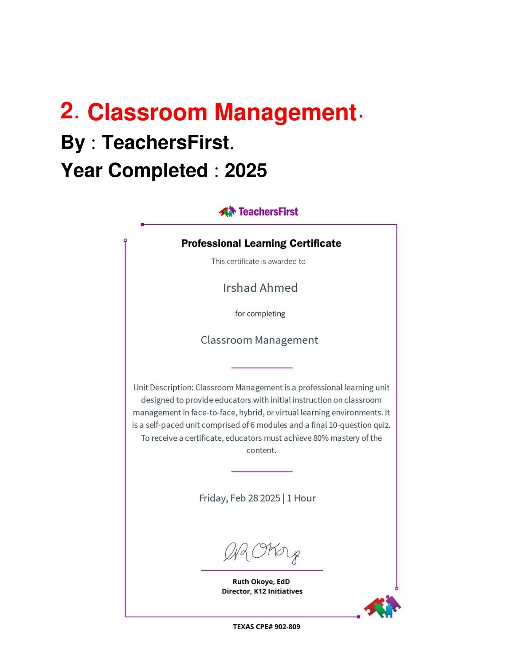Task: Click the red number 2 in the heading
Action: pos(67,110)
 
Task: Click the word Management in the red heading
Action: pos(286,112)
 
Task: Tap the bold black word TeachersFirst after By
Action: pos(165,142)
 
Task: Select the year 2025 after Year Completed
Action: pos(246,171)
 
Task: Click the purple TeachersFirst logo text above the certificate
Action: pos(268,211)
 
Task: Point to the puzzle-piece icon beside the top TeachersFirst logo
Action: pos(228,211)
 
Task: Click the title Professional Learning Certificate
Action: pos(261,243)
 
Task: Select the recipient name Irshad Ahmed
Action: pos(260,288)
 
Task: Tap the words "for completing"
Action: pos(260,314)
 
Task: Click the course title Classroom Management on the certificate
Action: pos(259,340)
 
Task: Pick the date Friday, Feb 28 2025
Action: pos(239,498)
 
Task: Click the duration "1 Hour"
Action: pos(301,498)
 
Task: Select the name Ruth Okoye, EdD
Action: pos(261,582)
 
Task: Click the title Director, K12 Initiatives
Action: pos(262,591)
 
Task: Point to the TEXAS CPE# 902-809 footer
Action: pos(267,627)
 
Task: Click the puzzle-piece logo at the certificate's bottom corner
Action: pos(382,606)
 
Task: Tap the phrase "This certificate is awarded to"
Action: pos(259,262)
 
